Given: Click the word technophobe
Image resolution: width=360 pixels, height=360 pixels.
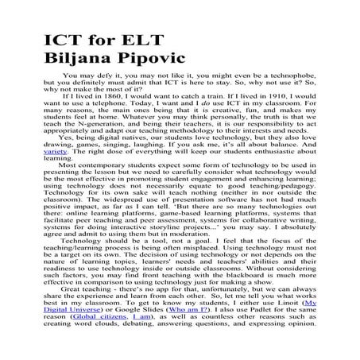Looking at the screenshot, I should coord(297,81).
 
